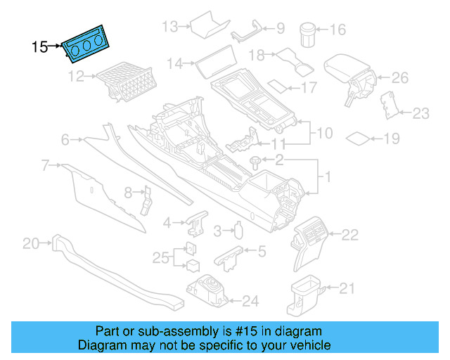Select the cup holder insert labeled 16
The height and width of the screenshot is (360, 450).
(308, 32)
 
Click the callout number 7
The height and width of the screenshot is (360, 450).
(46, 166)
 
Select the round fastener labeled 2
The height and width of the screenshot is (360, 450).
(255, 162)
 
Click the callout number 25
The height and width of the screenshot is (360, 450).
(161, 257)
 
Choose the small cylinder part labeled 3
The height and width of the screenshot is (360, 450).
(239, 230)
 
